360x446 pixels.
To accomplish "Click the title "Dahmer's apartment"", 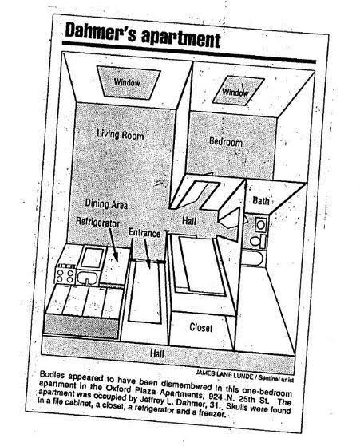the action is (143, 36).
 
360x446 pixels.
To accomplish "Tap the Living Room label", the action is (120, 134).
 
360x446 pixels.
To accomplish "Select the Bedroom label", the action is (226, 142).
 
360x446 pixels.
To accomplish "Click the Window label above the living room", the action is (127, 82).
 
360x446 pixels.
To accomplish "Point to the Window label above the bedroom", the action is (235, 93).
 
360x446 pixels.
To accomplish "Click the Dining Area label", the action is (106, 204).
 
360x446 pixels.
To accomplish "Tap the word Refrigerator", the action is (97, 222).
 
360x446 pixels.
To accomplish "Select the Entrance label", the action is (144, 233).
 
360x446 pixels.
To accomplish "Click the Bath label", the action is (261, 201).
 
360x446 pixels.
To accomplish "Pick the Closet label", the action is (201, 328).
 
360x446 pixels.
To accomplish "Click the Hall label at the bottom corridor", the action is (156, 353).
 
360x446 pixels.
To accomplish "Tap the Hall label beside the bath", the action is (189, 220).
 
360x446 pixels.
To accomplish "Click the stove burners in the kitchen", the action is (65, 275).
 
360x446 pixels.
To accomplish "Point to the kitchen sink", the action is (88, 278).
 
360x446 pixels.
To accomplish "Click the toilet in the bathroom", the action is (259, 241).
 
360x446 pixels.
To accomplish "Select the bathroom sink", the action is (260, 225).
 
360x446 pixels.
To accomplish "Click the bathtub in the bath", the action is (253, 259).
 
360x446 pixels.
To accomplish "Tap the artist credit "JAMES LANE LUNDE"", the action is (224, 375).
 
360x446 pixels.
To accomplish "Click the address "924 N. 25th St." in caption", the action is (239, 397).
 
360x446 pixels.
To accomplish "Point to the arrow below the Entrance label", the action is (148, 254).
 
